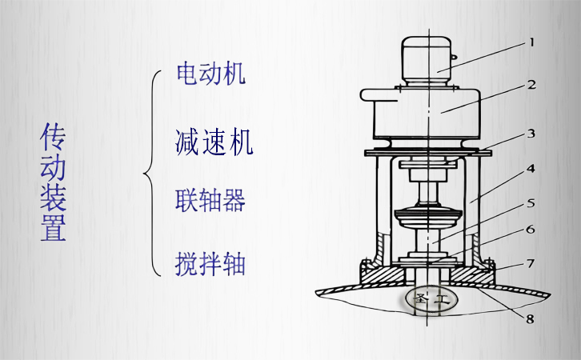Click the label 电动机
click(x=210, y=74)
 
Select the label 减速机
click(x=214, y=142)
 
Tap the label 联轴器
click(x=210, y=199)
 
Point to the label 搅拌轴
click(x=210, y=262)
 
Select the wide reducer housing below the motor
click(x=424, y=112)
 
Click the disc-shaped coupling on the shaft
click(x=428, y=218)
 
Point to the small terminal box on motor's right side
click(x=455, y=58)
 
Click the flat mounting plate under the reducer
click(x=427, y=151)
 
